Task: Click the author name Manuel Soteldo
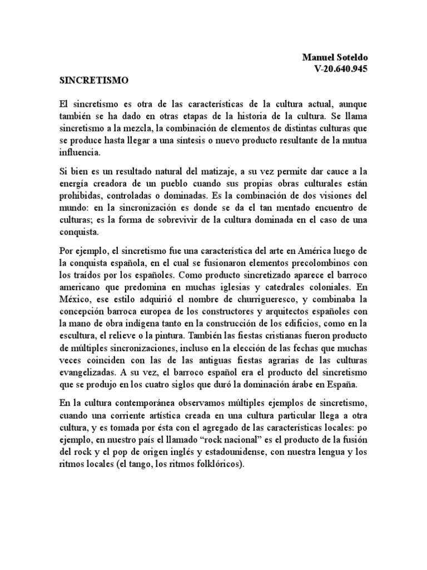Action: [x=335, y=57]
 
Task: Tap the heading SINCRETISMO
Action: [x=94, y=80]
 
